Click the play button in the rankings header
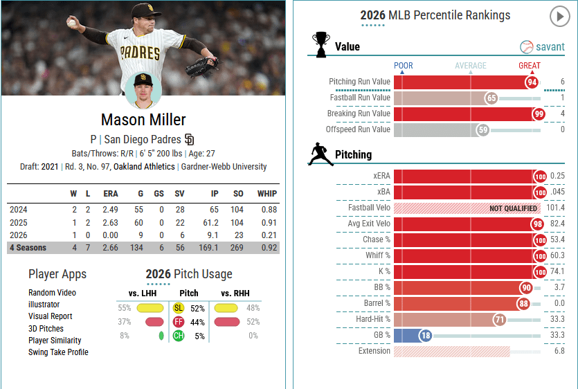coord(559,17)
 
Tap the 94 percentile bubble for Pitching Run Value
coord(532,82)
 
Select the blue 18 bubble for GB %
coord(425,335)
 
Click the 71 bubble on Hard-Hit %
coord(499,320)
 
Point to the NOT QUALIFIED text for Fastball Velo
coord(513,208)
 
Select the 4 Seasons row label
coord(28,248)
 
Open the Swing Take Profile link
coord(58,352)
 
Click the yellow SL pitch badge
coord(178,308)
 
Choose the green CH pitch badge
coord(178,336)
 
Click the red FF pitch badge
coord(178,322)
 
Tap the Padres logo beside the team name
coord(190,138)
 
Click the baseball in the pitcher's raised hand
coord(72,22)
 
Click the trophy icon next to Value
coord(320,46)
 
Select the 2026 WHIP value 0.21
coord(266,235)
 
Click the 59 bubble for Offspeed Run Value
coord(483,129)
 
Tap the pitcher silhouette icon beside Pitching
coord(320,154)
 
